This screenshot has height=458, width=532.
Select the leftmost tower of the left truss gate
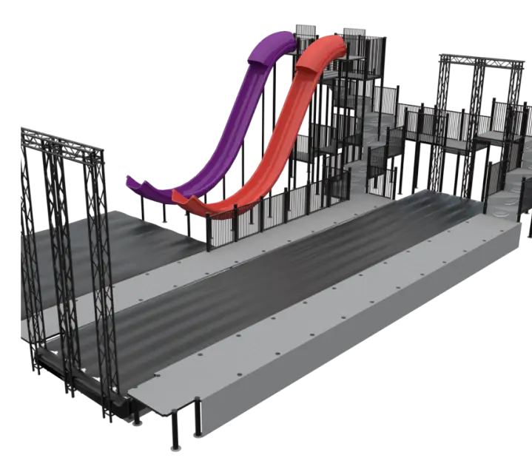[30, 244]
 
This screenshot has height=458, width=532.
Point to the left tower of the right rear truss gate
[445, 111]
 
